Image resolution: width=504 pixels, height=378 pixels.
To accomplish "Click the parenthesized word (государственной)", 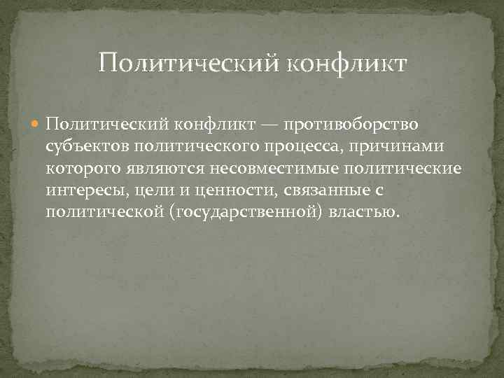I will point(247,211).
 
